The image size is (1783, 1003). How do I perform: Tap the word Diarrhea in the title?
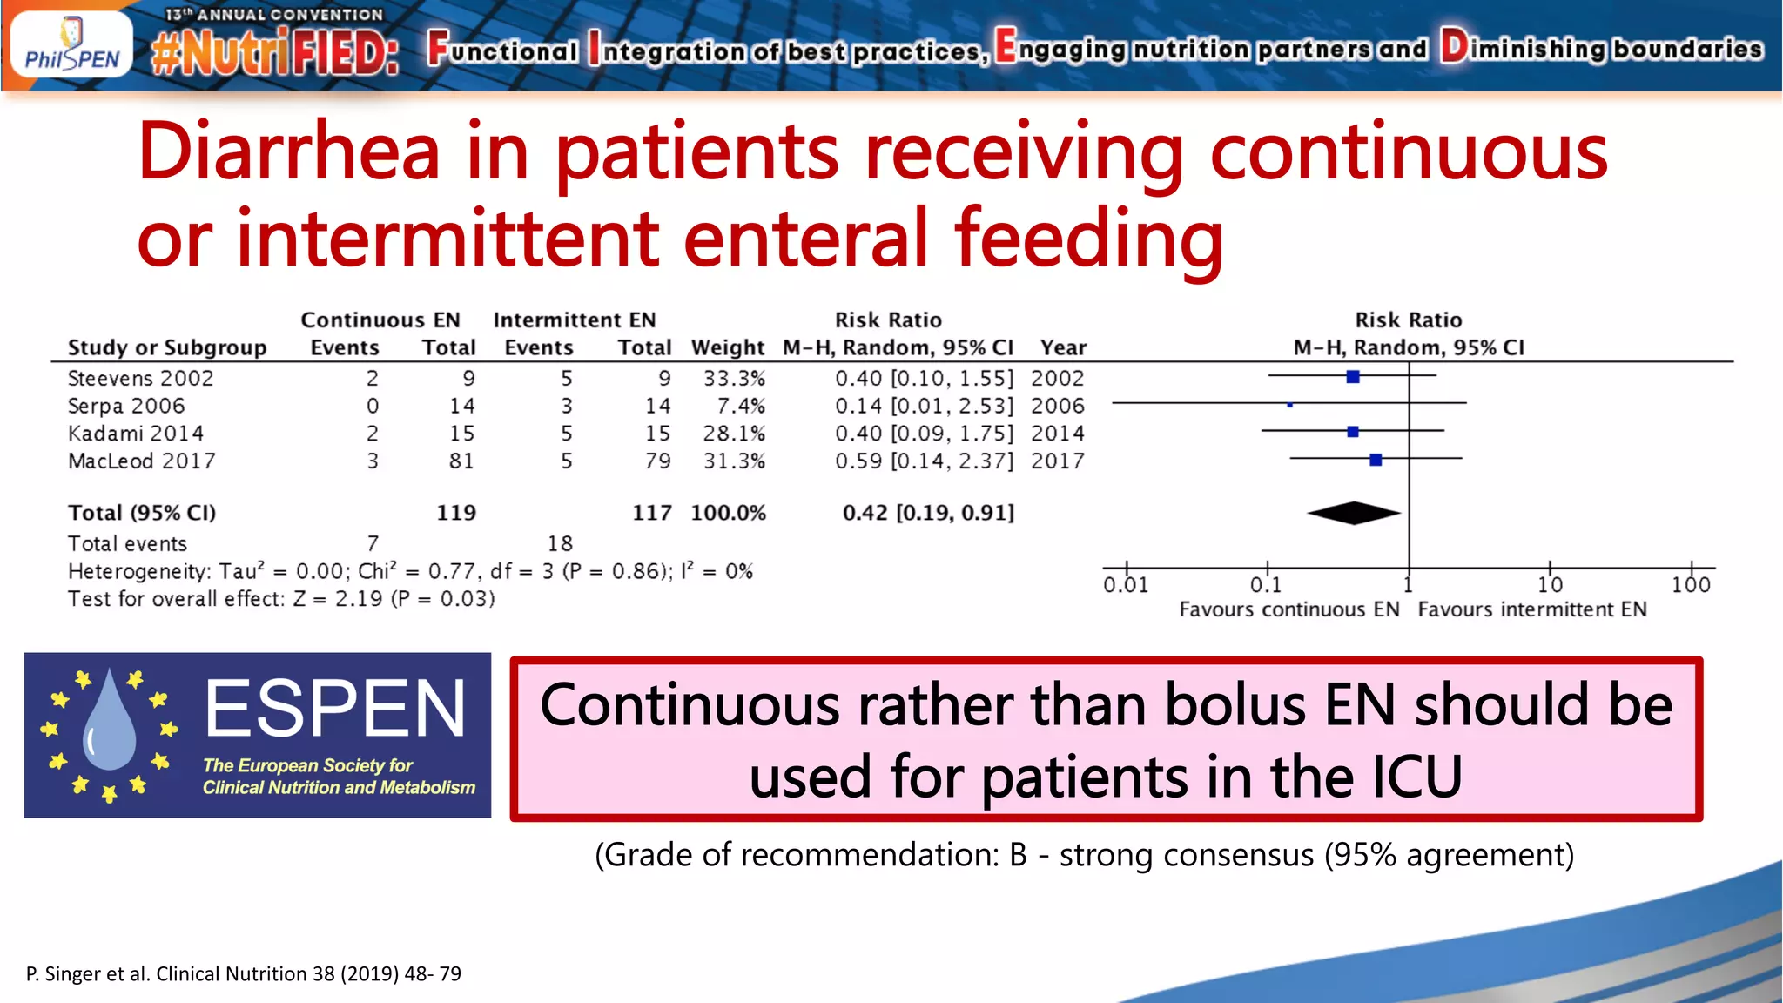click(288, 152)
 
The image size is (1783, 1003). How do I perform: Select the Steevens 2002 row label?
click(140, 379)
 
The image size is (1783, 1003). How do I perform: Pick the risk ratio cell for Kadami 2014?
click(924, 434)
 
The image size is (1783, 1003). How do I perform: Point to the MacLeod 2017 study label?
click(141, 461)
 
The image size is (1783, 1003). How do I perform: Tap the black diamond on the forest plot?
click(1354, 514)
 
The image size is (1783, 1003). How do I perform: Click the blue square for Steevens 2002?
click(1353, 377)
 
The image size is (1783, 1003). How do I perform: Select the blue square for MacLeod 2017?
click(1376, 460)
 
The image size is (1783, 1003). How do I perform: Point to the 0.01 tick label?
click(1126, 585)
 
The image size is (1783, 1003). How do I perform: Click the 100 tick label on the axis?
click(1691, 585)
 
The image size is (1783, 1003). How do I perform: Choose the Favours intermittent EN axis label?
click(1532, 609)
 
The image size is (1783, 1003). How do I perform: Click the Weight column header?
click(728, 348)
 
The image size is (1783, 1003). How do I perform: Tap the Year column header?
click(1063, 348)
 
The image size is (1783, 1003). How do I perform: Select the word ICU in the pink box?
click(1416, 777)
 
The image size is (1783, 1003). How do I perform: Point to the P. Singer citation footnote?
click(244, 973)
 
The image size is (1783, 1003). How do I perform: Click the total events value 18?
click(560, 544)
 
